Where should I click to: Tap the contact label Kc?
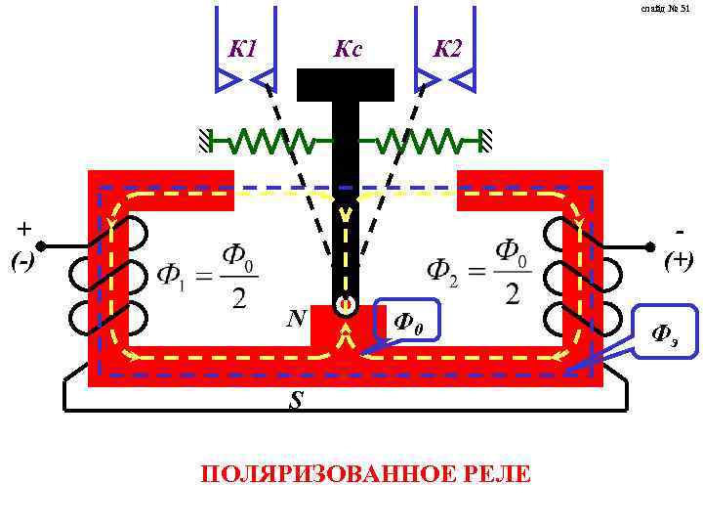point(347,48)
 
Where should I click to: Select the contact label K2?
point(446,48)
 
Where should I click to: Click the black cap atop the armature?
point(346,85)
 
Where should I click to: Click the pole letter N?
point(297,320)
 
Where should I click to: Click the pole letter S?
point(294,401)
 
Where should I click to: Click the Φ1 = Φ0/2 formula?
point(208,276)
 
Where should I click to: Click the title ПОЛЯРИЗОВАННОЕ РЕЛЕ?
point(365,475)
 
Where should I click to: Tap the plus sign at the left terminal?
point(22,229)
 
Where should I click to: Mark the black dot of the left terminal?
point(42,246)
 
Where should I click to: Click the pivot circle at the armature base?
point(345,306)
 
